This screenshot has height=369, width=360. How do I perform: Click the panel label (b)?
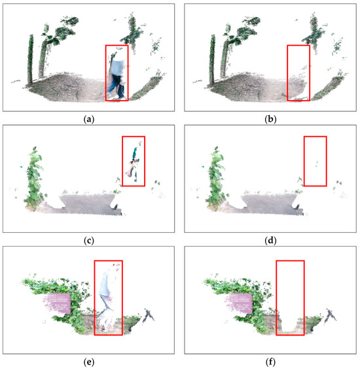click(x=270, y=119)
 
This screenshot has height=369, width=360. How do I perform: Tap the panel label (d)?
click(x=270, y=240)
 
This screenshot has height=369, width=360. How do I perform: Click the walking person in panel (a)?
click(x=117, y=75)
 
